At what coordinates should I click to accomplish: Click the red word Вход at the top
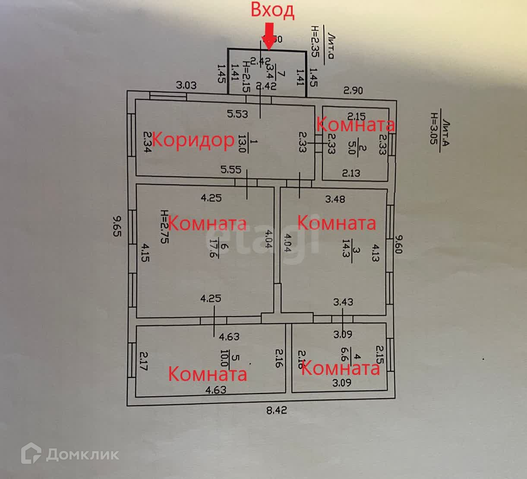click(272, 11)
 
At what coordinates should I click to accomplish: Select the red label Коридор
click(193, 140)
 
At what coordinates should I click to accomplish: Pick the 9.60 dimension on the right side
click(399, 244)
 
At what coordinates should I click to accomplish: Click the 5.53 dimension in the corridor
click(238, 114)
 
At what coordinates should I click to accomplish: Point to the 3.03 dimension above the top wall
click(186, 85)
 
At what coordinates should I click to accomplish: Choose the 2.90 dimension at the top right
click(353, 90)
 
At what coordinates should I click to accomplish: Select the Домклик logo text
click(82, 454)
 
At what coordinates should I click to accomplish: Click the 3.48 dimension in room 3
click(335, 199)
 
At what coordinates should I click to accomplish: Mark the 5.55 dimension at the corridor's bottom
click(231, 170)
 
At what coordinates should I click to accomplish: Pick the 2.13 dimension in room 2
click(351, 173)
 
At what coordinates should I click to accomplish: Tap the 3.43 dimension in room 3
click(343, 302)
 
